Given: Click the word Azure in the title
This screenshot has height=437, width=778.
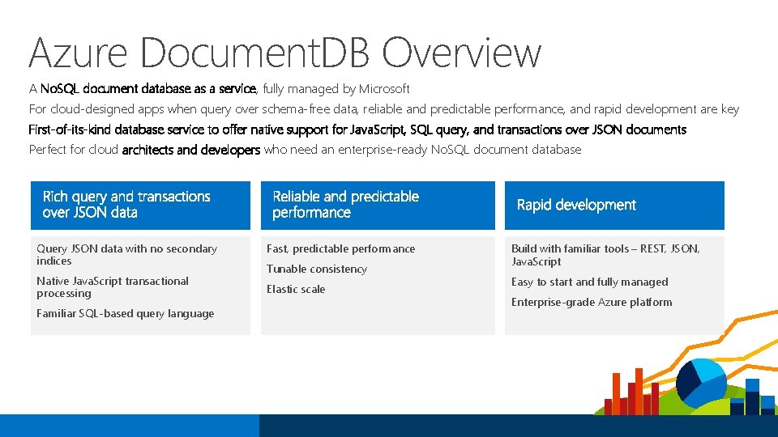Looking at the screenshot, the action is coord(78,53).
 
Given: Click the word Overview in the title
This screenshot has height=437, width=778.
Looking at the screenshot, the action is coord(461,53).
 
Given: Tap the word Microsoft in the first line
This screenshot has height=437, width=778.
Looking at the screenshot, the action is coord(384,89).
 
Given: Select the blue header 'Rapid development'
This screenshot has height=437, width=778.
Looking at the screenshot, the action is coord(576,205).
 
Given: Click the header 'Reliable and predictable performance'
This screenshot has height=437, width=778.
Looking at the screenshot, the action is coord(345,205).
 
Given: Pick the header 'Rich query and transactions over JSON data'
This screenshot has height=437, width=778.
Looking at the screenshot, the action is coord(126,205).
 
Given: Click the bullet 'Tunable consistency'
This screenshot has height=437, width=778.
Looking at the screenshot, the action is coord(316,269).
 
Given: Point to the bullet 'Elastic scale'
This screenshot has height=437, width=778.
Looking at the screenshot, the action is coord(295,289).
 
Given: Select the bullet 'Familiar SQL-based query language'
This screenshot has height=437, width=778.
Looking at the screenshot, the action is coord(125,313).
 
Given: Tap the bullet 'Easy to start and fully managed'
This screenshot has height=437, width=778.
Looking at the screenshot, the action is coord(589,282).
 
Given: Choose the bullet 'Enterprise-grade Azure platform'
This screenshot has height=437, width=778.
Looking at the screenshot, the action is coord(591,302).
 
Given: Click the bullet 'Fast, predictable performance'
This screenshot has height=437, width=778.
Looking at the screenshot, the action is coord(340,248).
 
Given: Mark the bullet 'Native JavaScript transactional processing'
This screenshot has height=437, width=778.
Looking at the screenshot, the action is coord(112,286).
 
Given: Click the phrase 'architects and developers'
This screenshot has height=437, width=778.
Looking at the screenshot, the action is coord(190,150).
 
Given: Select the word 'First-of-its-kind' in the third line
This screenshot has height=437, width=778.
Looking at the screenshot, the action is coord(70,129).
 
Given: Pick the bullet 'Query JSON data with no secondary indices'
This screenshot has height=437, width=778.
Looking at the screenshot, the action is coord(126,254).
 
